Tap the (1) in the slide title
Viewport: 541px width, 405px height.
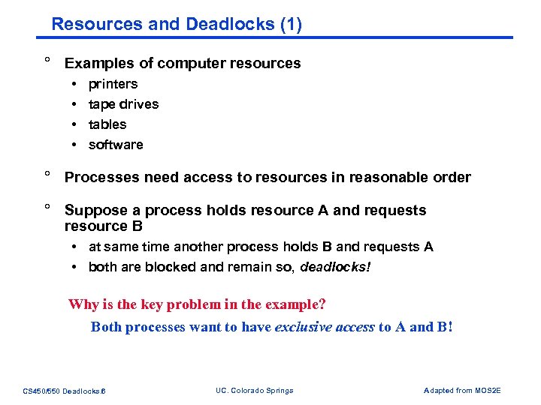(290, 24)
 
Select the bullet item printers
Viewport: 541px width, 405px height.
(113, 84)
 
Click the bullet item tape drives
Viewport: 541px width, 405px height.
(123, 104)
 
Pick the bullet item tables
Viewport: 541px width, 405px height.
(107, 124)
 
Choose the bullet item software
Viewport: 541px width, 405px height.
(116, 145)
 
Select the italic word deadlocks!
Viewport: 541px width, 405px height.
(335, 268)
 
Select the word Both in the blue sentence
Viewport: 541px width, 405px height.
(106, 327)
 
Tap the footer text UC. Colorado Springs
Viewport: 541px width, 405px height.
(254, 390)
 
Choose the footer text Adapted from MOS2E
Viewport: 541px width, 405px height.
(462, 390)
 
